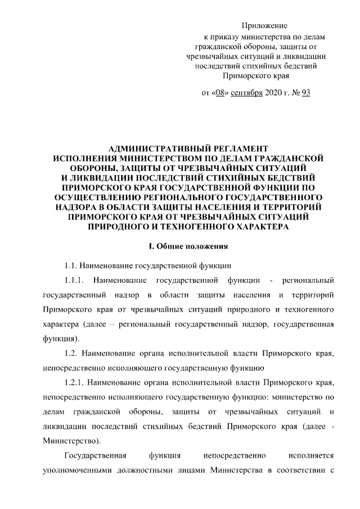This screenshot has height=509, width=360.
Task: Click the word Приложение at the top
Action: point(264,26)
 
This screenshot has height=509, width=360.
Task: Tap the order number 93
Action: point(306,93)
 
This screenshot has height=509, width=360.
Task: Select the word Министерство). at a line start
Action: point(71,440)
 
